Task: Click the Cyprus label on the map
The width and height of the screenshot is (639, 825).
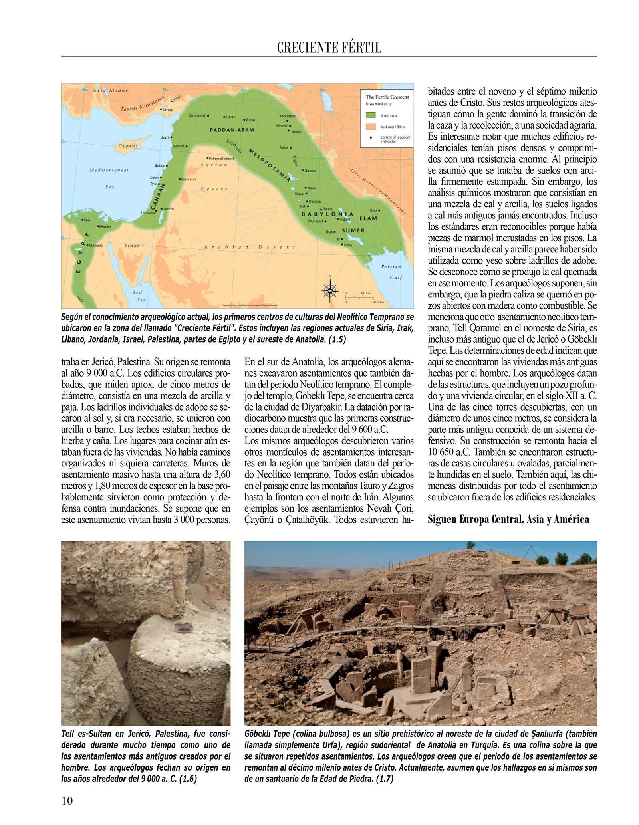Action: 128,146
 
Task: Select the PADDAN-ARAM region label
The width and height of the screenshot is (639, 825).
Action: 232,130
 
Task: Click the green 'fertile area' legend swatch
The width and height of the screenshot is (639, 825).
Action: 371,115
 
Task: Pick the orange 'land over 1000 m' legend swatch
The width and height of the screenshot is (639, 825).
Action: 371,127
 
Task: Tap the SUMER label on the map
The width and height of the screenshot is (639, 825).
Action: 353,230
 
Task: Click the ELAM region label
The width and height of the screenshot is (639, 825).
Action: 368,218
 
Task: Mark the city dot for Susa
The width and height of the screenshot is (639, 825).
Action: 379,210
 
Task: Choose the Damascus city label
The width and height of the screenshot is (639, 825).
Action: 189,179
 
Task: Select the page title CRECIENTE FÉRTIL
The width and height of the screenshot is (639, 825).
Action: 329,48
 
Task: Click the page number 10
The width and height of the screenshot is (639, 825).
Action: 67,801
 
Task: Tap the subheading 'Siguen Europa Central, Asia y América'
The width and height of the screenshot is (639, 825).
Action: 508,519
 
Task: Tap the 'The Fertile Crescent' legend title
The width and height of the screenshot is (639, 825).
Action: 387,97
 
